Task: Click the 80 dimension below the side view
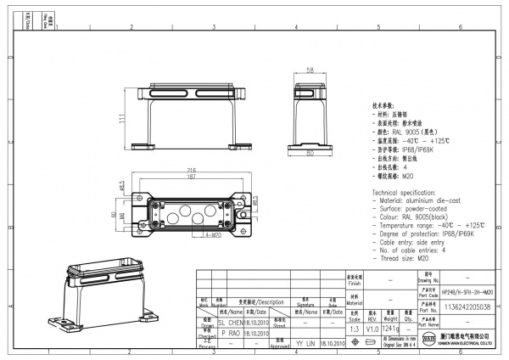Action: click(x=310, y=155)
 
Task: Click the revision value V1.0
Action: click(x=372, y=329)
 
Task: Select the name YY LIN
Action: click(x=305, y=344)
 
